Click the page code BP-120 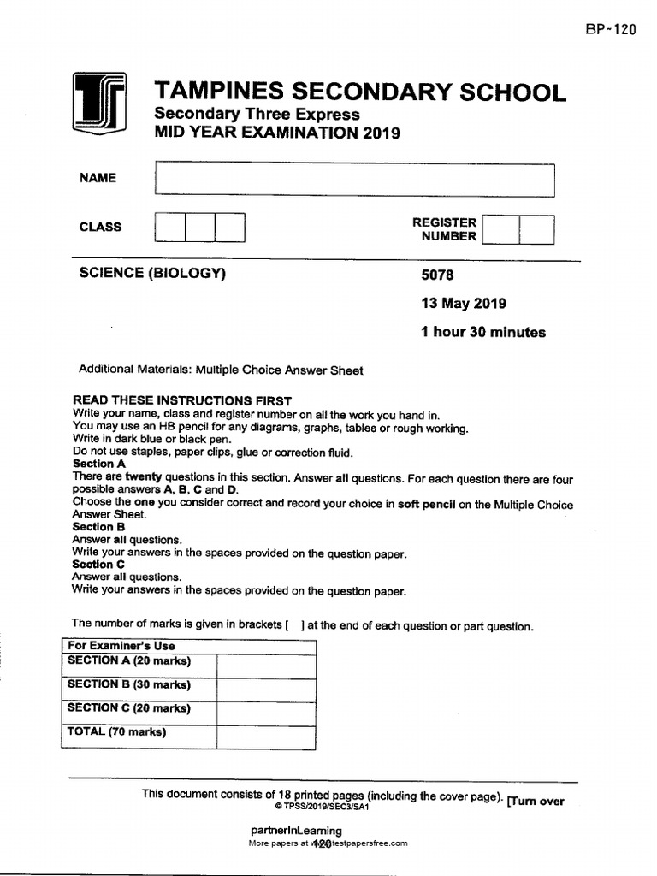[x=611, y=29]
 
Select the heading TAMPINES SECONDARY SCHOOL [x=359, y=92]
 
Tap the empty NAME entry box [x=354, y=180]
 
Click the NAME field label [x=98, y=178]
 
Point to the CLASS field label [x=100, y=227]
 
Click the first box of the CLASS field [x=169, y=228]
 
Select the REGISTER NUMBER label [x=444, y=229]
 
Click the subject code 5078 [x=438, y=275]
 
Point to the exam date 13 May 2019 [x=463, y=304]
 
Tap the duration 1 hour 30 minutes [x=482, y=333]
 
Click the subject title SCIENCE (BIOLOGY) [x=151, y=273]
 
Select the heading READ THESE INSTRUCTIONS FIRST [x=182, y=400]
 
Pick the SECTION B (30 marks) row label [x=129, y=684]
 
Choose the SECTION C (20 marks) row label [x=129, y=708]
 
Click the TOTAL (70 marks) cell [x=116, y=732]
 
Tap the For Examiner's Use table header [x=121, y=646]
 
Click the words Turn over [x=536, y=802]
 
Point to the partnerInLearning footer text [x=296, y=831]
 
